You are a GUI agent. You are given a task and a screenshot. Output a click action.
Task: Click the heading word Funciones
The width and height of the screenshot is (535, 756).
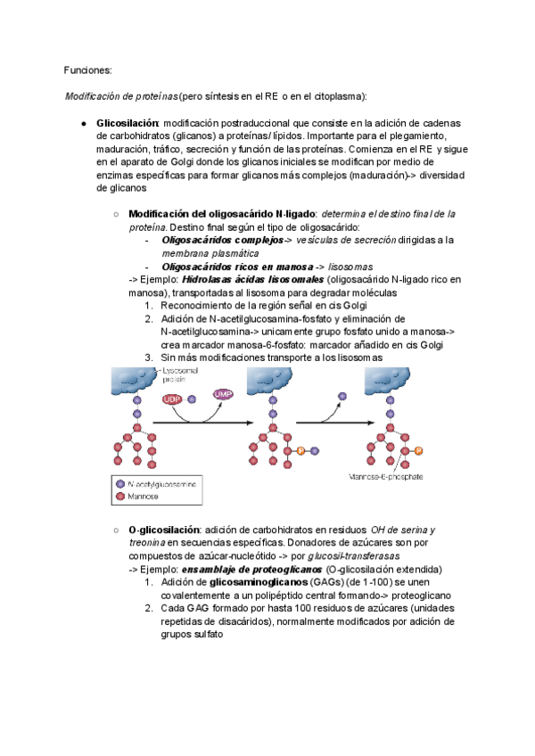point(87,70)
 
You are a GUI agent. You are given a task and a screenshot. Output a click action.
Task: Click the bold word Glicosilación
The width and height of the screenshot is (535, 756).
point(127,122)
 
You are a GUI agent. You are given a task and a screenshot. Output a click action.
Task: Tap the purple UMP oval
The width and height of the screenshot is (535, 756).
point(223,393)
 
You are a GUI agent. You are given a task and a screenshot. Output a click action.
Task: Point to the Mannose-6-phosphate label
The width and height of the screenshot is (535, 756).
point(386,476)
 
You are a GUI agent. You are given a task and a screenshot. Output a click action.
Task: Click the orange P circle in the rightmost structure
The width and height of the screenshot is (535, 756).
point(418,451)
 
